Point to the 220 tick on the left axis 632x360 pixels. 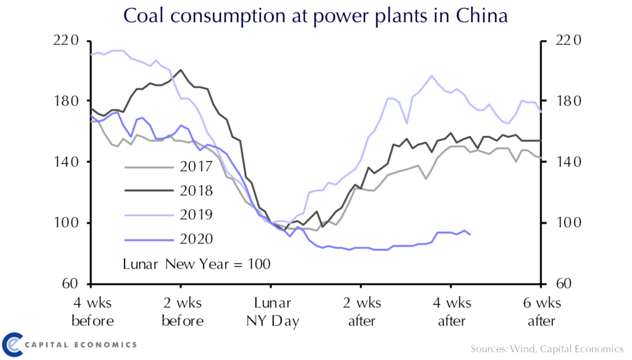(68, 41)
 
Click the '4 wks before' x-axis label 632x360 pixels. (93, 312)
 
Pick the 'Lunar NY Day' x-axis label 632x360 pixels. (272, 312)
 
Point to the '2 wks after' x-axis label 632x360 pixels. (362, 312)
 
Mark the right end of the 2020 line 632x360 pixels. (471, 235)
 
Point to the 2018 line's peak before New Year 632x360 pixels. (180, 70)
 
